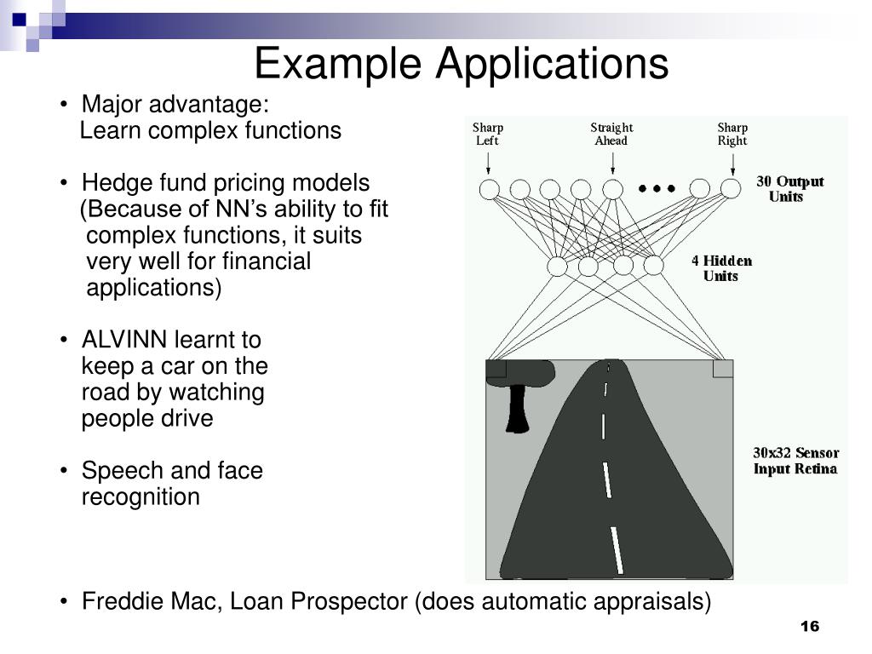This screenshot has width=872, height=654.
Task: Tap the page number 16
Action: click(x=809, y=628)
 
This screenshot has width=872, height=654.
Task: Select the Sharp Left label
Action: click(x=488, y=135)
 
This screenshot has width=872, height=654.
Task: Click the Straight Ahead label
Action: click(x=611, y=135)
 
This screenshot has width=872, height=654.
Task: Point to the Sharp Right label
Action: click(x=731, y=135)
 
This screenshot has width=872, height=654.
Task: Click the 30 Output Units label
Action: click(x=789, y=189)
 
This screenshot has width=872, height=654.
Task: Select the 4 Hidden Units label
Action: click(x=721, y=268)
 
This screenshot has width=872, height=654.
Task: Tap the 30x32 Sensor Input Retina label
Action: click(x=795, y=461)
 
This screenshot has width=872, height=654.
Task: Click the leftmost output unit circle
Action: click(x=489, y=189)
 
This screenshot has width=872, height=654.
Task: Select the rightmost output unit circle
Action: click(x=731, y=189)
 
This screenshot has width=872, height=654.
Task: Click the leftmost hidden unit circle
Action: click(x=557, y=267)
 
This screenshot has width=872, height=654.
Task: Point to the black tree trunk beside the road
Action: click(x=517, y=409)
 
